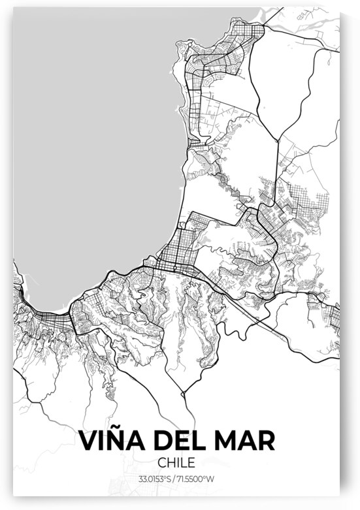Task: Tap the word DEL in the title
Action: click(181, 440)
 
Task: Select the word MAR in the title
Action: click(246, 440)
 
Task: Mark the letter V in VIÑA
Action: click(88, 440)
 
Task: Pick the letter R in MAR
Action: click(267, 440)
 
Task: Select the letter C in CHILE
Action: click(163, 463)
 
